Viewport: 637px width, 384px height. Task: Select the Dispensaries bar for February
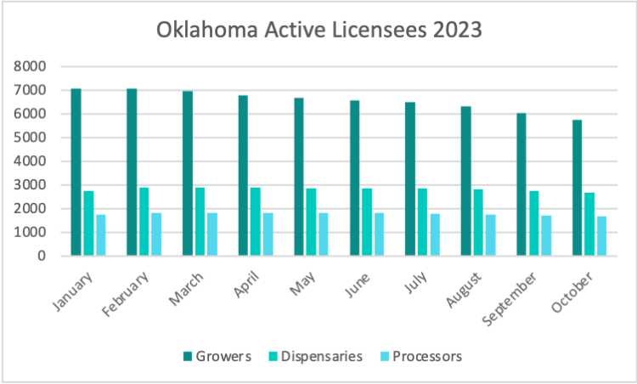point(144,221)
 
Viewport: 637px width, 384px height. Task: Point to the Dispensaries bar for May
point(312,222)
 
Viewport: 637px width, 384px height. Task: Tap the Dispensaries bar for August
point(478,223)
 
